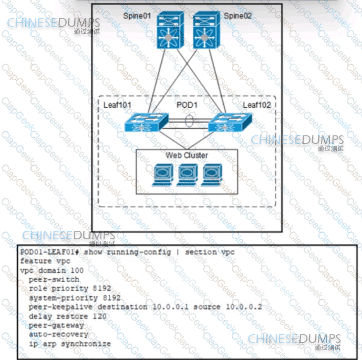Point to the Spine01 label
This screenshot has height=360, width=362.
(138, 16)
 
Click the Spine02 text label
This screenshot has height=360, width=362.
(237, 16)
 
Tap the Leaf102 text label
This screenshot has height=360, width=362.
(257, 105)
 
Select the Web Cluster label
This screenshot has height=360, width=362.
(187, 155)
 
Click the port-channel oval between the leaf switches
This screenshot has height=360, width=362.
(189, 122)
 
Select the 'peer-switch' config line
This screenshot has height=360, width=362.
(54, 279)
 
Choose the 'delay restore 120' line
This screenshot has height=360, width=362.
(68, 316)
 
